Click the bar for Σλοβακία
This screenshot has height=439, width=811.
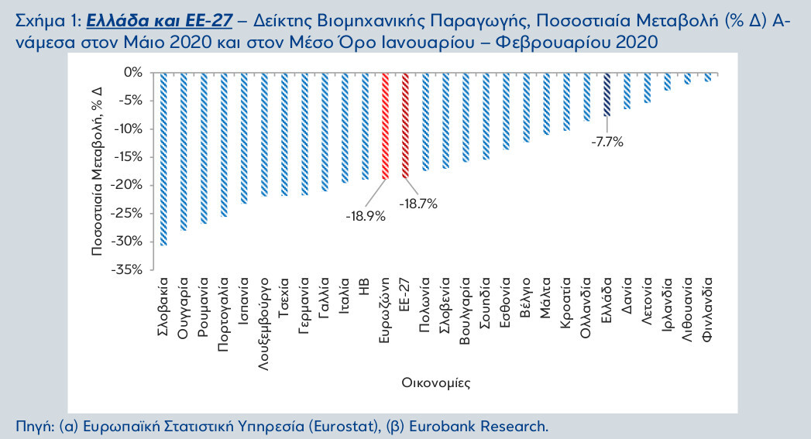(x=163, y=159)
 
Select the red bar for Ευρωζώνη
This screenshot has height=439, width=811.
(x=385, y=125)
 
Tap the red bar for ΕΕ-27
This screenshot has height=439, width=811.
(x=405, y=125)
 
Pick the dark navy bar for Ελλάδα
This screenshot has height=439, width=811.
(x=607, y=94)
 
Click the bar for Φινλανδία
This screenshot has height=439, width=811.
(x=708, y=77)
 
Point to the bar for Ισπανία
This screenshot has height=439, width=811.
(x=243, y=138)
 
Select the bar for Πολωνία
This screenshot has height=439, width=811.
(x=425, y=122)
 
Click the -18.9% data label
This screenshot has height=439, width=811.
(x=366, y=216)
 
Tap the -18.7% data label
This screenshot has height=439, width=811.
(x=418, y=204)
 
